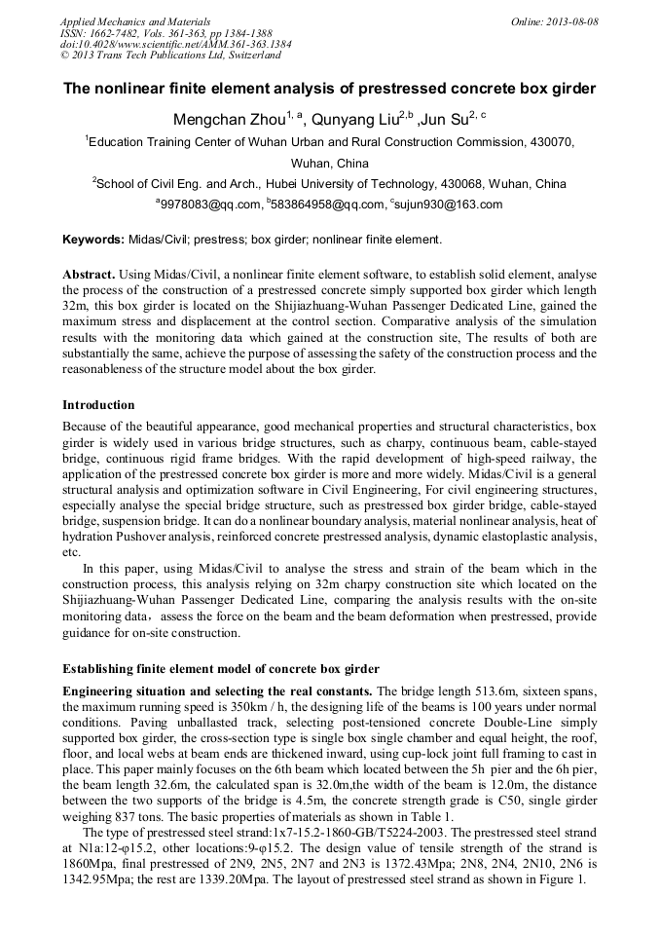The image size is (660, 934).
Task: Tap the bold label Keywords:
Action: click(93, 239)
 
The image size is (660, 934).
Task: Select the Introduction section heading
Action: click(98, 404)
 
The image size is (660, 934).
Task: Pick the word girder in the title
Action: click(570, 89)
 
